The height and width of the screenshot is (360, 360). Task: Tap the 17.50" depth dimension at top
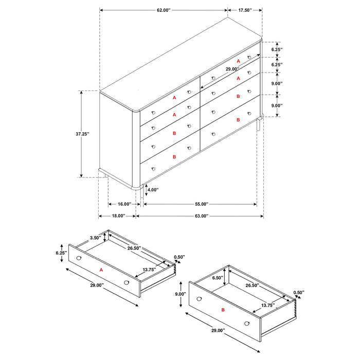(245, 10)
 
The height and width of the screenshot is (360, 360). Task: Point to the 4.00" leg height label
(153, 190)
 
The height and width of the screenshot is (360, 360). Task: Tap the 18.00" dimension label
(117, 217)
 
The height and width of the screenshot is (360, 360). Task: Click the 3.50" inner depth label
(95, 238)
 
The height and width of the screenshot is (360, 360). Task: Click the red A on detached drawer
(101, 269)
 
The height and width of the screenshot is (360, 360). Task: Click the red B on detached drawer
(222, 310)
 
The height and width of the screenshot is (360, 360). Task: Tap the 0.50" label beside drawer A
(179, 257)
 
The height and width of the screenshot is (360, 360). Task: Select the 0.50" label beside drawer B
(299, 293)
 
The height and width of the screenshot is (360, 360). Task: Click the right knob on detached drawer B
(247, 323)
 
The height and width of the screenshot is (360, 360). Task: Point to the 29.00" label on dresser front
(232, 69)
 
